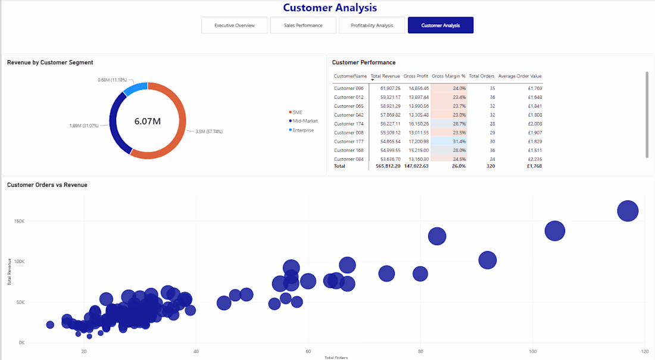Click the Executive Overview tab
(x=235, y=26)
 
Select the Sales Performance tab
(x=303, y=26)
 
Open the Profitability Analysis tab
(x=372, y=26)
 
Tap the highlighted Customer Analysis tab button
(x=441, y=26)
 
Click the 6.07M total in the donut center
(x=148, y=121)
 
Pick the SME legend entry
(x=295, y=112)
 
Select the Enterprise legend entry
(x=301, y=130)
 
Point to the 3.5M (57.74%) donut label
(x=209, y=132)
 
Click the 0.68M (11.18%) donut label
(x=113, y=80)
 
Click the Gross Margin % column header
(x=448, y=76)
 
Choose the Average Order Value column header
(x=520, y=76)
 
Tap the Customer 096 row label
(x=349, y=88)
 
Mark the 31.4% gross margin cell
(x=459, y=142)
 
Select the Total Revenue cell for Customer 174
(x=390, y=124)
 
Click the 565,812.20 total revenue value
(x=388, y=166)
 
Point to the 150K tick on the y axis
(x=19, y=221)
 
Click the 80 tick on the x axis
(x=420, y=352)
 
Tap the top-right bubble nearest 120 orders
(x=628, y=211)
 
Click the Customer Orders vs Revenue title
(x=47, y=185)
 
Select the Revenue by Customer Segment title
(x=50, y=62)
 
